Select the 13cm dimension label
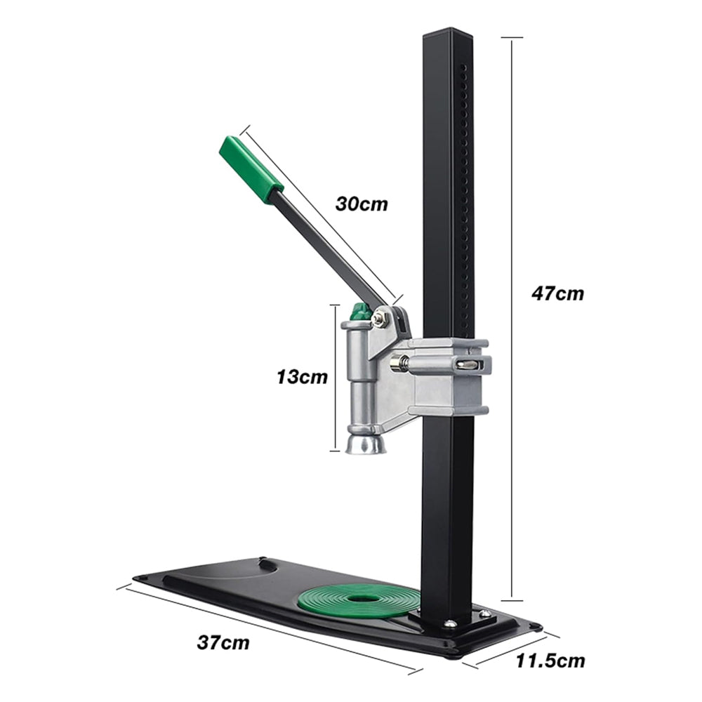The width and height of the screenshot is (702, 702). point(302,376)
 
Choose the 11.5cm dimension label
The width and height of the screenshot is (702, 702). point(550,661)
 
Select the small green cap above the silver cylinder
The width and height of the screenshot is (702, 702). point(361,311)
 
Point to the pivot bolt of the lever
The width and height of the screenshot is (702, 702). point(380,319)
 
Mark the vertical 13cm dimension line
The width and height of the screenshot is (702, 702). point(336,376)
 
